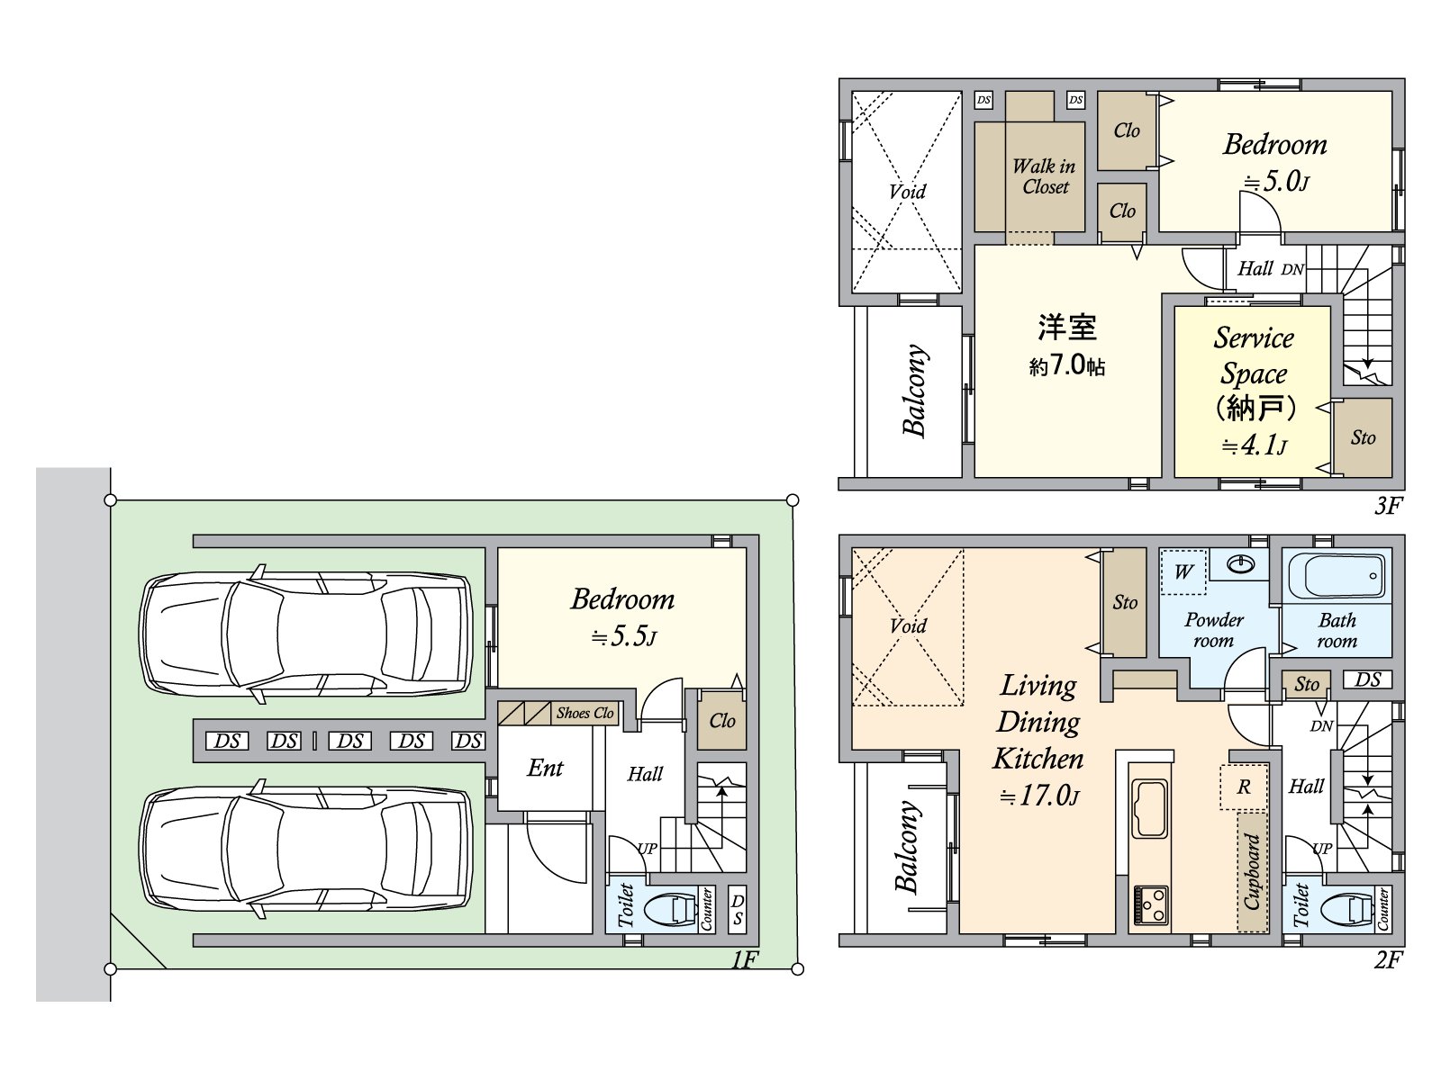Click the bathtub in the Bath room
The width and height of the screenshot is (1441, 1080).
[x=1336, y=576]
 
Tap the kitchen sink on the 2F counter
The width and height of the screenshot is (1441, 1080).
[x=1149, y=808]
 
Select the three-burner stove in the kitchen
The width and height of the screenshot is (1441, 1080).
[x=1149, y=904]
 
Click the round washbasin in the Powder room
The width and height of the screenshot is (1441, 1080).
[x=1240, y=563]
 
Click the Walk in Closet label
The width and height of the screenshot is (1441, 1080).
[x=1045, y=176]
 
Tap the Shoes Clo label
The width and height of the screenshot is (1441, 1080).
[x=585, y=713]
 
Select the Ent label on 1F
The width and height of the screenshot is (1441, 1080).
[x=545, y=768]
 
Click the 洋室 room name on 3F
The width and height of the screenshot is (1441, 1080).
[x=1067, y=327]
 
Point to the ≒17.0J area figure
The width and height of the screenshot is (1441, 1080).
[x=1039, y=796]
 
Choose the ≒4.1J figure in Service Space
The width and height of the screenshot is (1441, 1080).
[x=1254, y=445]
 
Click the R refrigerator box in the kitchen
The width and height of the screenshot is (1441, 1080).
[x=1244, y=787]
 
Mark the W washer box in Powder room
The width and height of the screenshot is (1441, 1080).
[x=1183, y=571]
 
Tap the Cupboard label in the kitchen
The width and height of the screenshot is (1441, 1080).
[x=1252, y=871]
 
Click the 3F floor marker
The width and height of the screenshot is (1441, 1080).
[x=1389, y=506]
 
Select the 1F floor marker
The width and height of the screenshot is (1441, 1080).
[x=745, y=960]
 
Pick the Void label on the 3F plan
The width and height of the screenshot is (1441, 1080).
[x=907, y=192]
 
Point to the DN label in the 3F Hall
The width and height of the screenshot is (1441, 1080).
[x=1292, y=269]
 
